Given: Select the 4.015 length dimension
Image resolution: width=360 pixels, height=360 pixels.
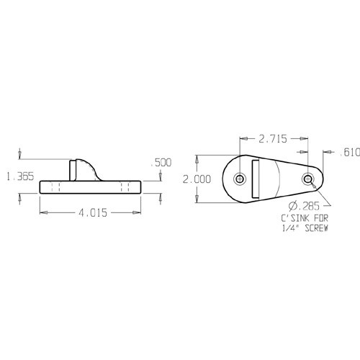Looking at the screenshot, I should (x=87, y=212).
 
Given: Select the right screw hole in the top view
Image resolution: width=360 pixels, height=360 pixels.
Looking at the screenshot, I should (x=308, y=179).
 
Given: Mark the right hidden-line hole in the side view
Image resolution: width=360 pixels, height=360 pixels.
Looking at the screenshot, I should (x=125, y=187).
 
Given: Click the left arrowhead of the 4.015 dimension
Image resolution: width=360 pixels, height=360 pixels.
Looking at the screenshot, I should (x=42, y=212).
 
